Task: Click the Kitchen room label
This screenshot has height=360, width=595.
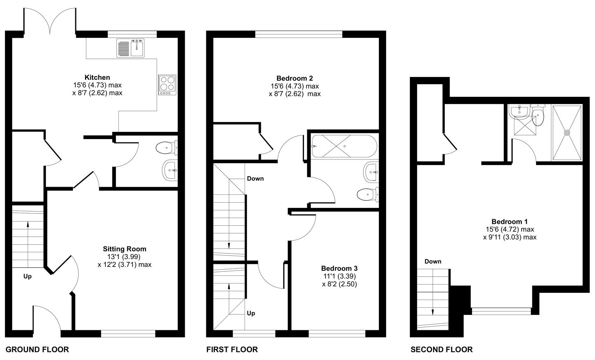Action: point(97,78)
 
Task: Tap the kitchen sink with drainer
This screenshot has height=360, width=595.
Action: point(130,48)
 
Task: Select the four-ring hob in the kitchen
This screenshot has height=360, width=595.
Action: point(167,85)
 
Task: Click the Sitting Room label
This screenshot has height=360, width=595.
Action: point(125,249)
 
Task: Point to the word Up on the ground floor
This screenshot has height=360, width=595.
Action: point(27,277)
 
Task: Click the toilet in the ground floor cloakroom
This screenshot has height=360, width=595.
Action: point(167,148)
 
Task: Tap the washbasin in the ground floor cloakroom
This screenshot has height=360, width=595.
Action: point(170,170)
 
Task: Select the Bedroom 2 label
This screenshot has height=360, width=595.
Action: point(295,79)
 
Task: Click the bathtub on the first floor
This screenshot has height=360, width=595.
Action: point(345,146)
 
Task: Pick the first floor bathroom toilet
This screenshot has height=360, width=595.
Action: point(368,194)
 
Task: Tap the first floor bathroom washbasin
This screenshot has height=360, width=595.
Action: point(371,172)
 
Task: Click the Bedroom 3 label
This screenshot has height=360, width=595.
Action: point(339,268)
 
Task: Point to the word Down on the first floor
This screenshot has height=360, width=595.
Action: point(255,179)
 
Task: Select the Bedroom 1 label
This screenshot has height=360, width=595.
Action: point(510,222)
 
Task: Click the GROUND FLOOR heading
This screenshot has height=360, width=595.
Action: point(37,350)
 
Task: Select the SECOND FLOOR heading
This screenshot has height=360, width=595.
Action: point(442,350)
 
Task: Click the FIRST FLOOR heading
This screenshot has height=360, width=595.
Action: point(232,350)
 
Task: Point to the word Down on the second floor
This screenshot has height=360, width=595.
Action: point(433,262)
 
